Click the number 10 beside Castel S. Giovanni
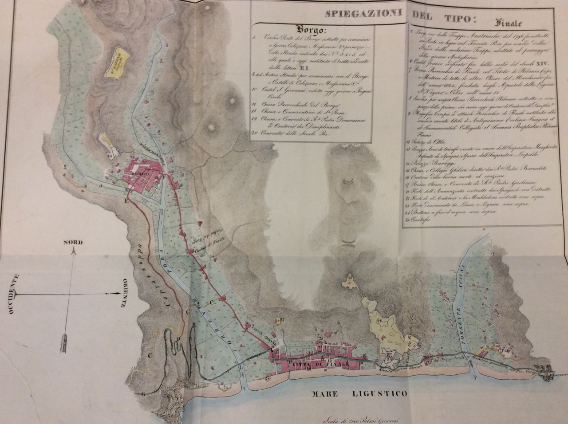(x=109, y=156)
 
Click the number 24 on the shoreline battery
(x=226, y=386)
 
